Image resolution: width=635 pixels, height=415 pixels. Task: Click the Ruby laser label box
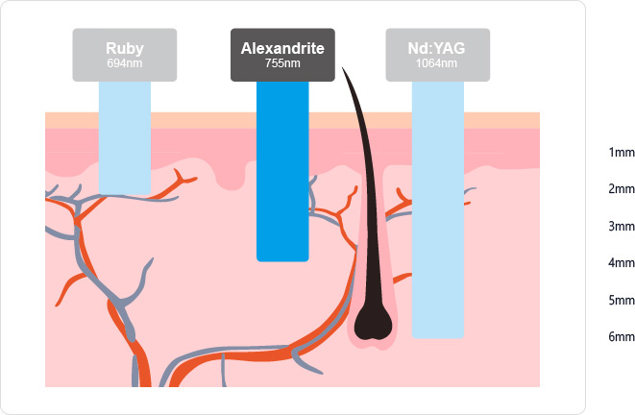click(x=125, y=54)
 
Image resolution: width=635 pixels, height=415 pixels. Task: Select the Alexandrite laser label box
click(x=282, y=54)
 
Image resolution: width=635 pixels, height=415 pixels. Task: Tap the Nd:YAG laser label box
click(x=438, y=54)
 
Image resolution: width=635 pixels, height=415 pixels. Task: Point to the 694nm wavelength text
click(x=125, y=63)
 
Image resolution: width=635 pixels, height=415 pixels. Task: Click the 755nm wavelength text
click(x=282, y=63)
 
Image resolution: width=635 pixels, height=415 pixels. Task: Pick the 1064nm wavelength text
click(x=438, y=63)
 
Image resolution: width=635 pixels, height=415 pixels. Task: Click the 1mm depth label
click(x=621, y=153)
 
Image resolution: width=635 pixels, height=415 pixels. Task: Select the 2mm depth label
click(x=621, y=189)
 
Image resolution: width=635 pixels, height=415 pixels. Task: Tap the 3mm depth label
click(x=621, y=227)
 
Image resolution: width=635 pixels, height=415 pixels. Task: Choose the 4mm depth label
click(x=621, y=263)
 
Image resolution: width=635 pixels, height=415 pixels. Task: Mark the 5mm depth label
click(x=621, y=301)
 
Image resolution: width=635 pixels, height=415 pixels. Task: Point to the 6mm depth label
click(x=621, y=337)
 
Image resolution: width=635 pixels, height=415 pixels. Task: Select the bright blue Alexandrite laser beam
click(x=282, y=173)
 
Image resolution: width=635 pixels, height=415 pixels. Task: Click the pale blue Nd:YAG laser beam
click(x=438, y=211)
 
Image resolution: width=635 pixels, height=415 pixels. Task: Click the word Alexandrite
click(x=282, y=47)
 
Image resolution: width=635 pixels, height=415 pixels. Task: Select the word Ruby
click(x=125, y=47)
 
